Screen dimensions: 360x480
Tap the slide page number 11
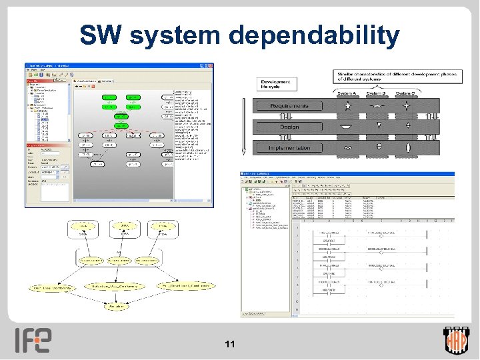230,344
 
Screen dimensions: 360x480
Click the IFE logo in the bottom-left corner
33,340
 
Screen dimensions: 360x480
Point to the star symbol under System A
347,106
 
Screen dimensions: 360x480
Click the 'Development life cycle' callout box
275,83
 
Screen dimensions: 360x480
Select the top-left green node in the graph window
110,98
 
